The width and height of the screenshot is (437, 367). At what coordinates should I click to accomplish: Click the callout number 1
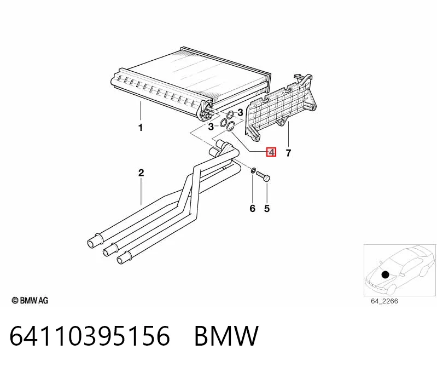[x=141, y=128]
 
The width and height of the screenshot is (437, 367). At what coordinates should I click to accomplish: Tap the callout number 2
[x=141, y=173]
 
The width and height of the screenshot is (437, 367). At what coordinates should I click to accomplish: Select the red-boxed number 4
[x=271, y=152]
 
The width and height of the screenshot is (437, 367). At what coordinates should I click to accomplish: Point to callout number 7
[x=288, y=153]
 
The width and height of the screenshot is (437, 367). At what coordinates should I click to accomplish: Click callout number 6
[x=252, y=208]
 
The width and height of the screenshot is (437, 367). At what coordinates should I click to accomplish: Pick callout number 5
[x=267, y=208]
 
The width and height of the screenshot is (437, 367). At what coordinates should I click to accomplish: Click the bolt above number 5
[x=263, y=176]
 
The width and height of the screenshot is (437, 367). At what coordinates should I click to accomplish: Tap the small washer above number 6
[x=253, y=170]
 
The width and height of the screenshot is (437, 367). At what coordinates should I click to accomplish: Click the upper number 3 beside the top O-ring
[x=240, y=112]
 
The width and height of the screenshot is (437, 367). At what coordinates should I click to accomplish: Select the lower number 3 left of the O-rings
[x=211, y=127]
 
